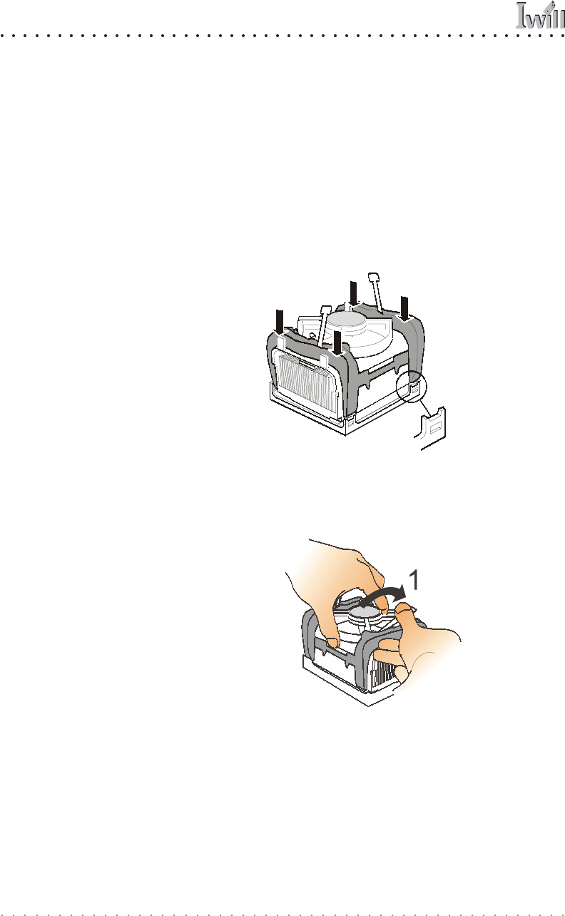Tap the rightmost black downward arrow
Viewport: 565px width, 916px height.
tap(404, 307)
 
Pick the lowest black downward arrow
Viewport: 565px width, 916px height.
tap(337, 339)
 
